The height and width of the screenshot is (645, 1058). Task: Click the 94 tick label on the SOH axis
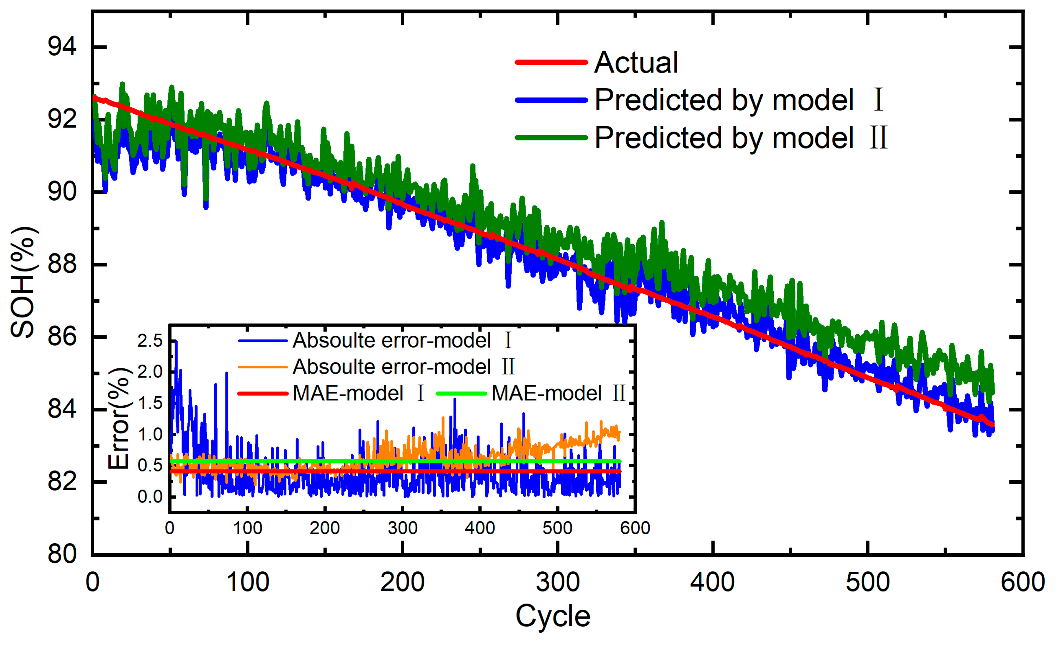click(x=62, y=46)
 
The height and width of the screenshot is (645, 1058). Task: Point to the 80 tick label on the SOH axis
click(x=62, y=554)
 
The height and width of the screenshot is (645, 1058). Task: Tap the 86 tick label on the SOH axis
click(x=62, y=337)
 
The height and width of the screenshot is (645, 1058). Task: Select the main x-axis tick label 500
click(x=868, y=582)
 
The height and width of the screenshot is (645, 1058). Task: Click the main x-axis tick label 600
click(x=1023, y=582)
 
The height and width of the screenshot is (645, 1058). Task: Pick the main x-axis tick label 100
click(x=248, y=582)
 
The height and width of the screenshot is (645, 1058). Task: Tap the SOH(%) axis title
click(x=24, y=282)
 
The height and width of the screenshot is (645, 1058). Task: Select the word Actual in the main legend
click(x=636, y=63)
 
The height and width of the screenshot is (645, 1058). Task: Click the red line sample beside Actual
click(x=551, y=63)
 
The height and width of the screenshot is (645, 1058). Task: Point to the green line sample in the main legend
click(x=551, y=138)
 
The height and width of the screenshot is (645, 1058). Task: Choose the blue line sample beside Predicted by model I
click(x=551, y=100)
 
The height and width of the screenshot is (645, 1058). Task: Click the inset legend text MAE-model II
click(x=558, y=393)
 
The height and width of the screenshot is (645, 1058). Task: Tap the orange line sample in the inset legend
click(x=262, y=367)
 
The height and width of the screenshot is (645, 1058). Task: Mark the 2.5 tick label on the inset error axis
click(x=150, y=341)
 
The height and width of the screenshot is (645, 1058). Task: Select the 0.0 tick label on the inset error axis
click(x=150, y=497)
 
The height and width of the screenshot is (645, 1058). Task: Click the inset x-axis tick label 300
click(x=402, y=528)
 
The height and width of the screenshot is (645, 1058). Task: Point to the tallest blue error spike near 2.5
click(x=176, y=342)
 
